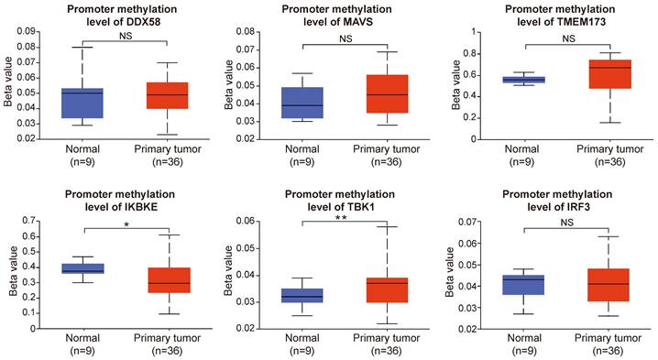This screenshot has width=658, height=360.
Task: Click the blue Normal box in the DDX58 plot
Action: click(x=82, y=104)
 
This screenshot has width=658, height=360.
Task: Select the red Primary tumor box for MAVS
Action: click(x=387, y=94)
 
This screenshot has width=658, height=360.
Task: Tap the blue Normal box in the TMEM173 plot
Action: click(x=526, y=80)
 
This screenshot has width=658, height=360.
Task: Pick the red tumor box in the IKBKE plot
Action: click(x=170, y=280)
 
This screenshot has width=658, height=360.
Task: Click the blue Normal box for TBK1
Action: click(x=302, y=295)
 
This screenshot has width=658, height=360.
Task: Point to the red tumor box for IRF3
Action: click(x=609, y=285)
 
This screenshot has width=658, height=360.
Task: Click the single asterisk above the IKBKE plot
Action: click(x=126, y=225)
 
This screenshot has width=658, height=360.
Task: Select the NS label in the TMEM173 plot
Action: click(x=568, y=38)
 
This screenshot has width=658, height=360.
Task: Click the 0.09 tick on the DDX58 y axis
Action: click(x=26, y=31)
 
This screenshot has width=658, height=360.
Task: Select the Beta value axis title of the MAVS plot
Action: click(x=229, y=85)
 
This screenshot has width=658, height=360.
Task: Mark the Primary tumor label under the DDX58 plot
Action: click(x=168, y=149)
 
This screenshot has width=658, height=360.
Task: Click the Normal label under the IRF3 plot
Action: click(x=524, y=338)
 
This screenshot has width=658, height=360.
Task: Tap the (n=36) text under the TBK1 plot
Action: click(x=386, y=350)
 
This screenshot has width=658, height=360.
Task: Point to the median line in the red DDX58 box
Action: click(x=168, y=94)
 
